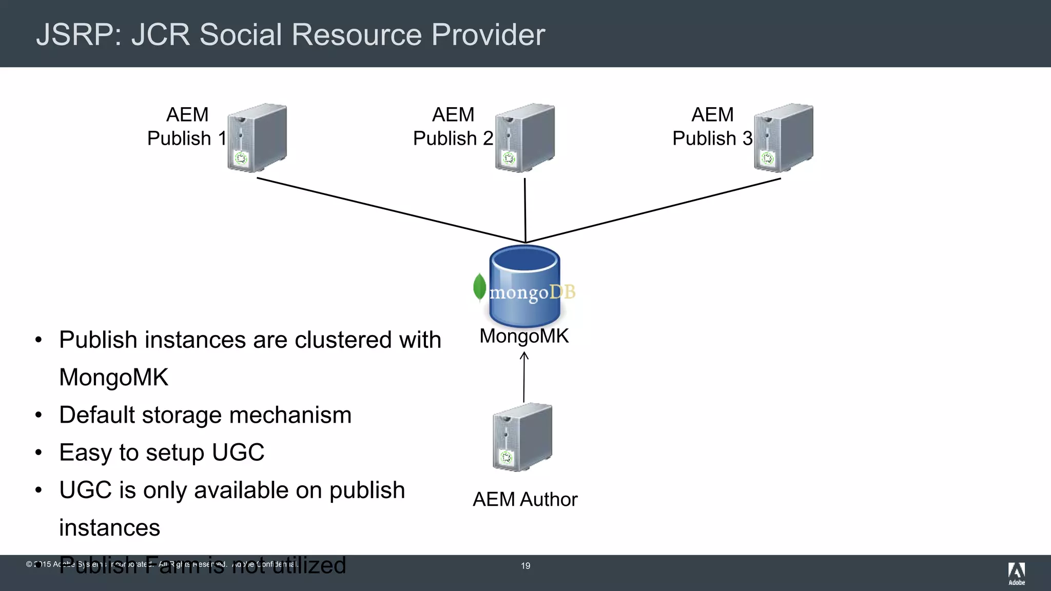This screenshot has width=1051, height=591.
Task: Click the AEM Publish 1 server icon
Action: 257,137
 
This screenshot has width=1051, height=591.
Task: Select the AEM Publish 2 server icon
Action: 524,137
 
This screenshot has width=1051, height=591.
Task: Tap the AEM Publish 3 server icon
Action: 783,137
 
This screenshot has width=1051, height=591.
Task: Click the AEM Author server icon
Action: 522,437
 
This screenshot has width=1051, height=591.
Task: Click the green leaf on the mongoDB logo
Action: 479,286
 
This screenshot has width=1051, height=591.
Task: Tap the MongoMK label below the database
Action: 524,336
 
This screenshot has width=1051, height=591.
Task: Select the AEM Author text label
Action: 525,499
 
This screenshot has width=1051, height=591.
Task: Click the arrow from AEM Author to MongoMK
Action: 524,378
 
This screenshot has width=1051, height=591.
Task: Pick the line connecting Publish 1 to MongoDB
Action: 390,210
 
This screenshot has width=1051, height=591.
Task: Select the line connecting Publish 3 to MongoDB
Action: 653,210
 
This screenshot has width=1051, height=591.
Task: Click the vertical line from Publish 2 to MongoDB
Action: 525,210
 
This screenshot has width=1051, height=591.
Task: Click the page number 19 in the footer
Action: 525,566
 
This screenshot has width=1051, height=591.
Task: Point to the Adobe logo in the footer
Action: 1016,573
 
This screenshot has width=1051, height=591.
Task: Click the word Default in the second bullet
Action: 97,415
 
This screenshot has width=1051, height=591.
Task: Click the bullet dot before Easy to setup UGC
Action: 38,453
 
